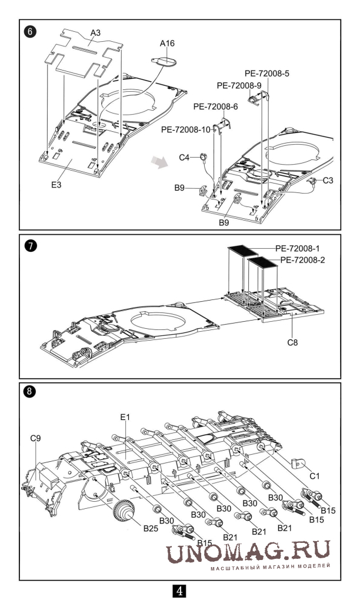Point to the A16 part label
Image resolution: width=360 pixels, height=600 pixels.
[168, 43]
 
